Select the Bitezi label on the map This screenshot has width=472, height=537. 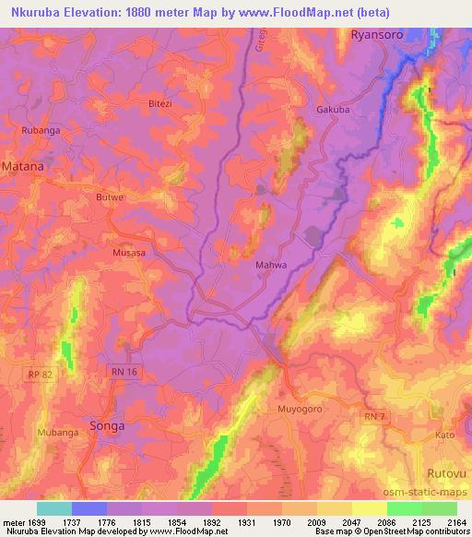160,104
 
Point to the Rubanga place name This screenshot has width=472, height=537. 41,131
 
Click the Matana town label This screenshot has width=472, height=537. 23,167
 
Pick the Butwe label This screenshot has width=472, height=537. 110,197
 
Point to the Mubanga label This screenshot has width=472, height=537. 57,432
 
